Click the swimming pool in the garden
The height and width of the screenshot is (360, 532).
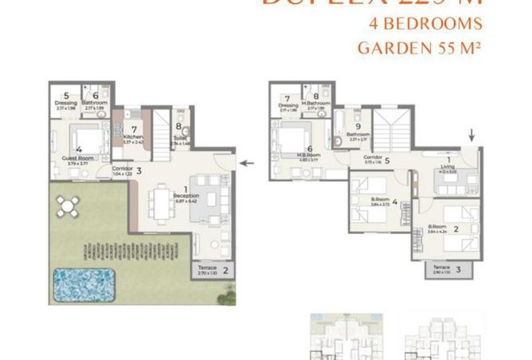click(x=83, y=280)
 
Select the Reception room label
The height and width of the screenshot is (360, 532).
click(x=186, y=196)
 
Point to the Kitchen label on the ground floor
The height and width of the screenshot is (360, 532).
click(x=133, y=137)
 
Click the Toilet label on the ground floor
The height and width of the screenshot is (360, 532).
click(x=181, y=137)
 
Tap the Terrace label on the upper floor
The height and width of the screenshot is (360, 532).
click(x=436, y=269)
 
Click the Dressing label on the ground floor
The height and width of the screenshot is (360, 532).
click(x=65, y=103)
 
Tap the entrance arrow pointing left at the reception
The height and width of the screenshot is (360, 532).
click(x=248, y=163)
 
